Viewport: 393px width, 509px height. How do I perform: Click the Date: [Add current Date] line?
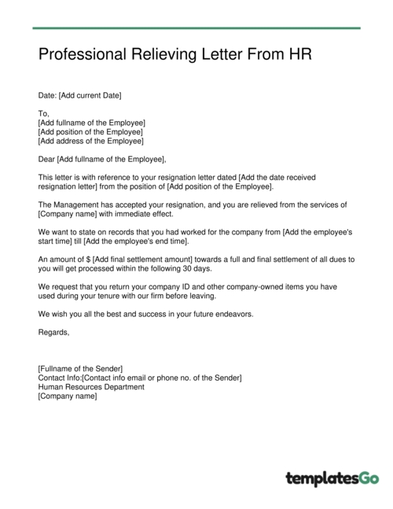tap(80, 95)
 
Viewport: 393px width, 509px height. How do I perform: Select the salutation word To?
tap(43, 113)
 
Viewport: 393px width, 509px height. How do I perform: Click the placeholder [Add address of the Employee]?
tap(90, 141)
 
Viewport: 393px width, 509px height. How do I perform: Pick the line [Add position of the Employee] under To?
tap(90, 131)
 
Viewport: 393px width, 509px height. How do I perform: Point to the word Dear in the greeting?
tap(46, 159)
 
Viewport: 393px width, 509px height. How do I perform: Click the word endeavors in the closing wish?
tap(256, 314)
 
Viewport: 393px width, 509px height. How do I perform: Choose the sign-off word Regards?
tap(53, 332)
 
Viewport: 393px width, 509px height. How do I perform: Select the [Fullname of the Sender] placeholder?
tap(80, 368)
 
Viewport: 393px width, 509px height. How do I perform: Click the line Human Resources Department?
tap(91, 386)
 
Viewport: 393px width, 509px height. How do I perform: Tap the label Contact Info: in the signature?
tap(60, 378)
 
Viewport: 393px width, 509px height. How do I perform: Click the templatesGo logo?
tap(332, 478)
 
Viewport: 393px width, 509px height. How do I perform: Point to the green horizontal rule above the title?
tap(196, 28)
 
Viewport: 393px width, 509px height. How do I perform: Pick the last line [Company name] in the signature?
tap(68, 396)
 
